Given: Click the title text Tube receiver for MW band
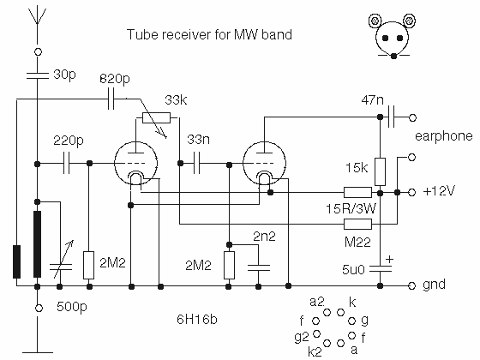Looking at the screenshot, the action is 209,34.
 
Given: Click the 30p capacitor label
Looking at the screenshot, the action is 64,75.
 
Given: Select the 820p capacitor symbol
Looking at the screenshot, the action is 111,99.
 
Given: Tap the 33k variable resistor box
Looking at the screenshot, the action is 156,118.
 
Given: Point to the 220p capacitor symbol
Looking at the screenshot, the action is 67,164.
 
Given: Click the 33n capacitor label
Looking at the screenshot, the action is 198,140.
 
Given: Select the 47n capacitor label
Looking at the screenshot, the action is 372,99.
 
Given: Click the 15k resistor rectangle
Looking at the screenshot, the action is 380,171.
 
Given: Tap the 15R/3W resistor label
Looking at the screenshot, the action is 351,209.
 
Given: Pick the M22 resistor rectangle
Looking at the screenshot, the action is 358,224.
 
